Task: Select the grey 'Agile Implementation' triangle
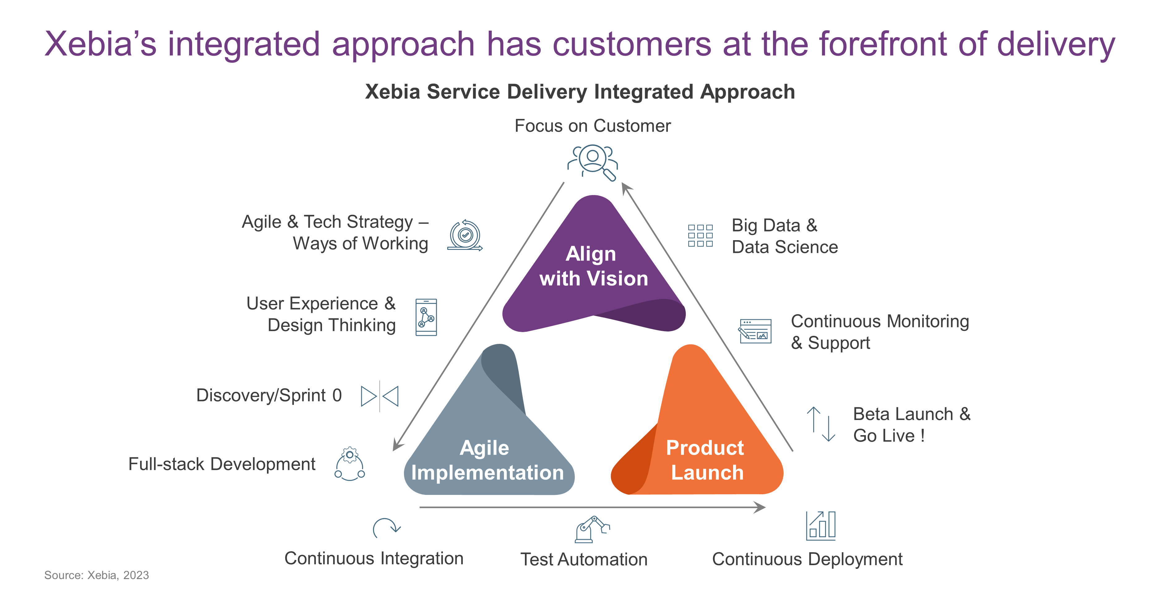pyautogui.click(x=488, y=433)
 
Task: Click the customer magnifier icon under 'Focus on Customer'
pyautogui.click(x=593, y=162)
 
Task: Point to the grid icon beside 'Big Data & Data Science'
pyautogui.click(x=700, y=236)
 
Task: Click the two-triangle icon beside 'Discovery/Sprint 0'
pyautogui.click(x=380, y=396)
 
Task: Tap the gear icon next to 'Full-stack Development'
pyautogui.click(x=350, y=464)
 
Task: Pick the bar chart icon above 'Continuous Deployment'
pyautogui.click(x=820, y=525)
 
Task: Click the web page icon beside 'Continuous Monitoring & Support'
pyautogui.click(x=755, y=331)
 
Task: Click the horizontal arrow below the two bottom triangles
pyautogui.click(x=592, y=507)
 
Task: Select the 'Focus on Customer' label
pyautogui.click(x=593, y=126)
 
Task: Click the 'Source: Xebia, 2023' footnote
pyautogui.click(x=97, y=575)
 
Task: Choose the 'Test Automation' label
pyautogui.click(x=584, y=560)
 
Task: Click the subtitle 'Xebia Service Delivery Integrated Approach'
pyautogui.click(x=580, y=92)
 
